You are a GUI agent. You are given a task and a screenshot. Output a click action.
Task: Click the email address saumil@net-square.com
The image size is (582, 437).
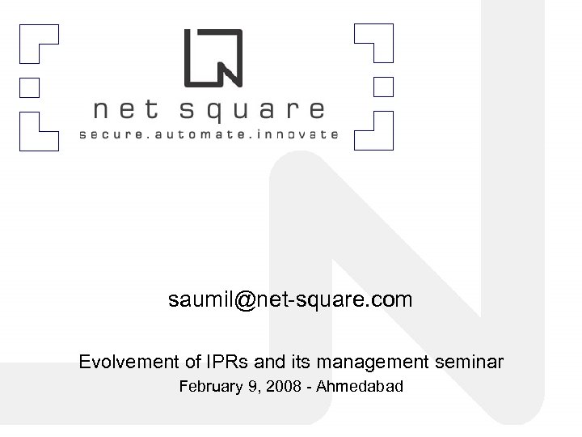pos(290,300)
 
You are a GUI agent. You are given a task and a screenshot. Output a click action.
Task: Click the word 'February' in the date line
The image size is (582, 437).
pos(209,387)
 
